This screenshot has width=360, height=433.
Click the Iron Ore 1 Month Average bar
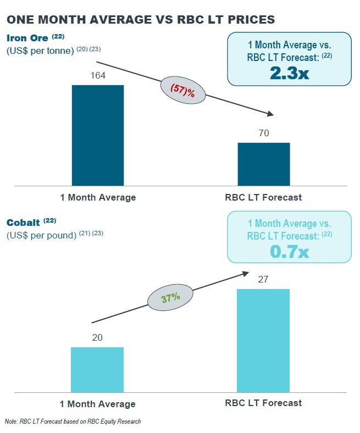[98, 135]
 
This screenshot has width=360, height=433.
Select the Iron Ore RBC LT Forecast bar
[264, 164]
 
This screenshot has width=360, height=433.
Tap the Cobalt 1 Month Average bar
[97, 369]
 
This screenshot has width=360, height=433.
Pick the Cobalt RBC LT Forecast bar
[263, 340]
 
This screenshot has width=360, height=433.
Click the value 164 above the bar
[97, 76]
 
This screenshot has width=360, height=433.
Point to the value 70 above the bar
[264, 134]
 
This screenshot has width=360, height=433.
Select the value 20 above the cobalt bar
[97, 338]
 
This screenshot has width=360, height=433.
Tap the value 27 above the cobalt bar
[263, 280]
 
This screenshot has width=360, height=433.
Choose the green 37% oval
[170, 298]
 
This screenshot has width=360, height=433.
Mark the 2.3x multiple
[289, 74]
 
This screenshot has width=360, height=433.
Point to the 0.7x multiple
[289, 252]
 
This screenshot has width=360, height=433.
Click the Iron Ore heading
[27, 38]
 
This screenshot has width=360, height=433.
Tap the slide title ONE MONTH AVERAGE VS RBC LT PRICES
[140, 20]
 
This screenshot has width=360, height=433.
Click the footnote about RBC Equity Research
[73, 421]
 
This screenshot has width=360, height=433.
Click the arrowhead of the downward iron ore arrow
[270, 114]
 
